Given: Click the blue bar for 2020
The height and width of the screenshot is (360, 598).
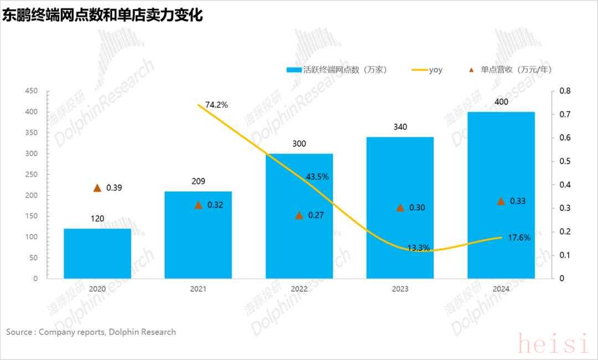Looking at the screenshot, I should [97, 254].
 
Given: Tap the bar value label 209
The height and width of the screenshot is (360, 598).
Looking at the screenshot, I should [198, 181].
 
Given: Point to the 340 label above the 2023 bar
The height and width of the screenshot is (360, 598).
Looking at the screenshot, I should [400, 127].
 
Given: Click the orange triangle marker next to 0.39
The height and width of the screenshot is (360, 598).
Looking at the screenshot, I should [97, 188].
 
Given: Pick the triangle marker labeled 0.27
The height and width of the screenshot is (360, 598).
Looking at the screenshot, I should [299, 215].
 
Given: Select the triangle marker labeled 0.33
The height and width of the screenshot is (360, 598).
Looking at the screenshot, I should [501, 201].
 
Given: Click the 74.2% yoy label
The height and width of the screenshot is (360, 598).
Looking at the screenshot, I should [216, 104].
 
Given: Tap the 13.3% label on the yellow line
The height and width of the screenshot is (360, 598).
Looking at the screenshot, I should [418, 248].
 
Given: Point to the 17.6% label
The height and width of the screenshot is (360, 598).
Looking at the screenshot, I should [519, 238].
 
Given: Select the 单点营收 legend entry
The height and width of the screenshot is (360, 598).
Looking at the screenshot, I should [515, 70].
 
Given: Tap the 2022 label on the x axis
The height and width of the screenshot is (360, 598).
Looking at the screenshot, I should [299, 289].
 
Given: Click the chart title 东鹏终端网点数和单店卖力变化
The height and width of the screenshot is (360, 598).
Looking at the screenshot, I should [103, 16].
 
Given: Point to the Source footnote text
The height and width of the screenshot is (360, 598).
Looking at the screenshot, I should [91, 332].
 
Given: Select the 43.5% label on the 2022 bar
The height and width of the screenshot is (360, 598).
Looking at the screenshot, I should [317, 177].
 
